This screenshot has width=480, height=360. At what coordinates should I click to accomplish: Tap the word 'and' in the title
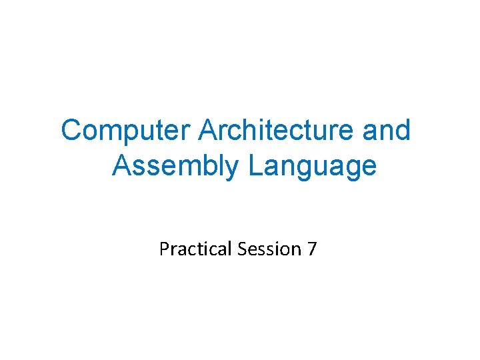point(387,131)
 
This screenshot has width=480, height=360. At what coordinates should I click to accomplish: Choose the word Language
point(313,167)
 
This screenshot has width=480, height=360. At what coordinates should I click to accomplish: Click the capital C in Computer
point(71,131)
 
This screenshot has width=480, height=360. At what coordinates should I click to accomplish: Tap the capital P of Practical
point(164,249)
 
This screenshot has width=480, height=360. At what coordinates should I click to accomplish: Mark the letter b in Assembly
point(209,166)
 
